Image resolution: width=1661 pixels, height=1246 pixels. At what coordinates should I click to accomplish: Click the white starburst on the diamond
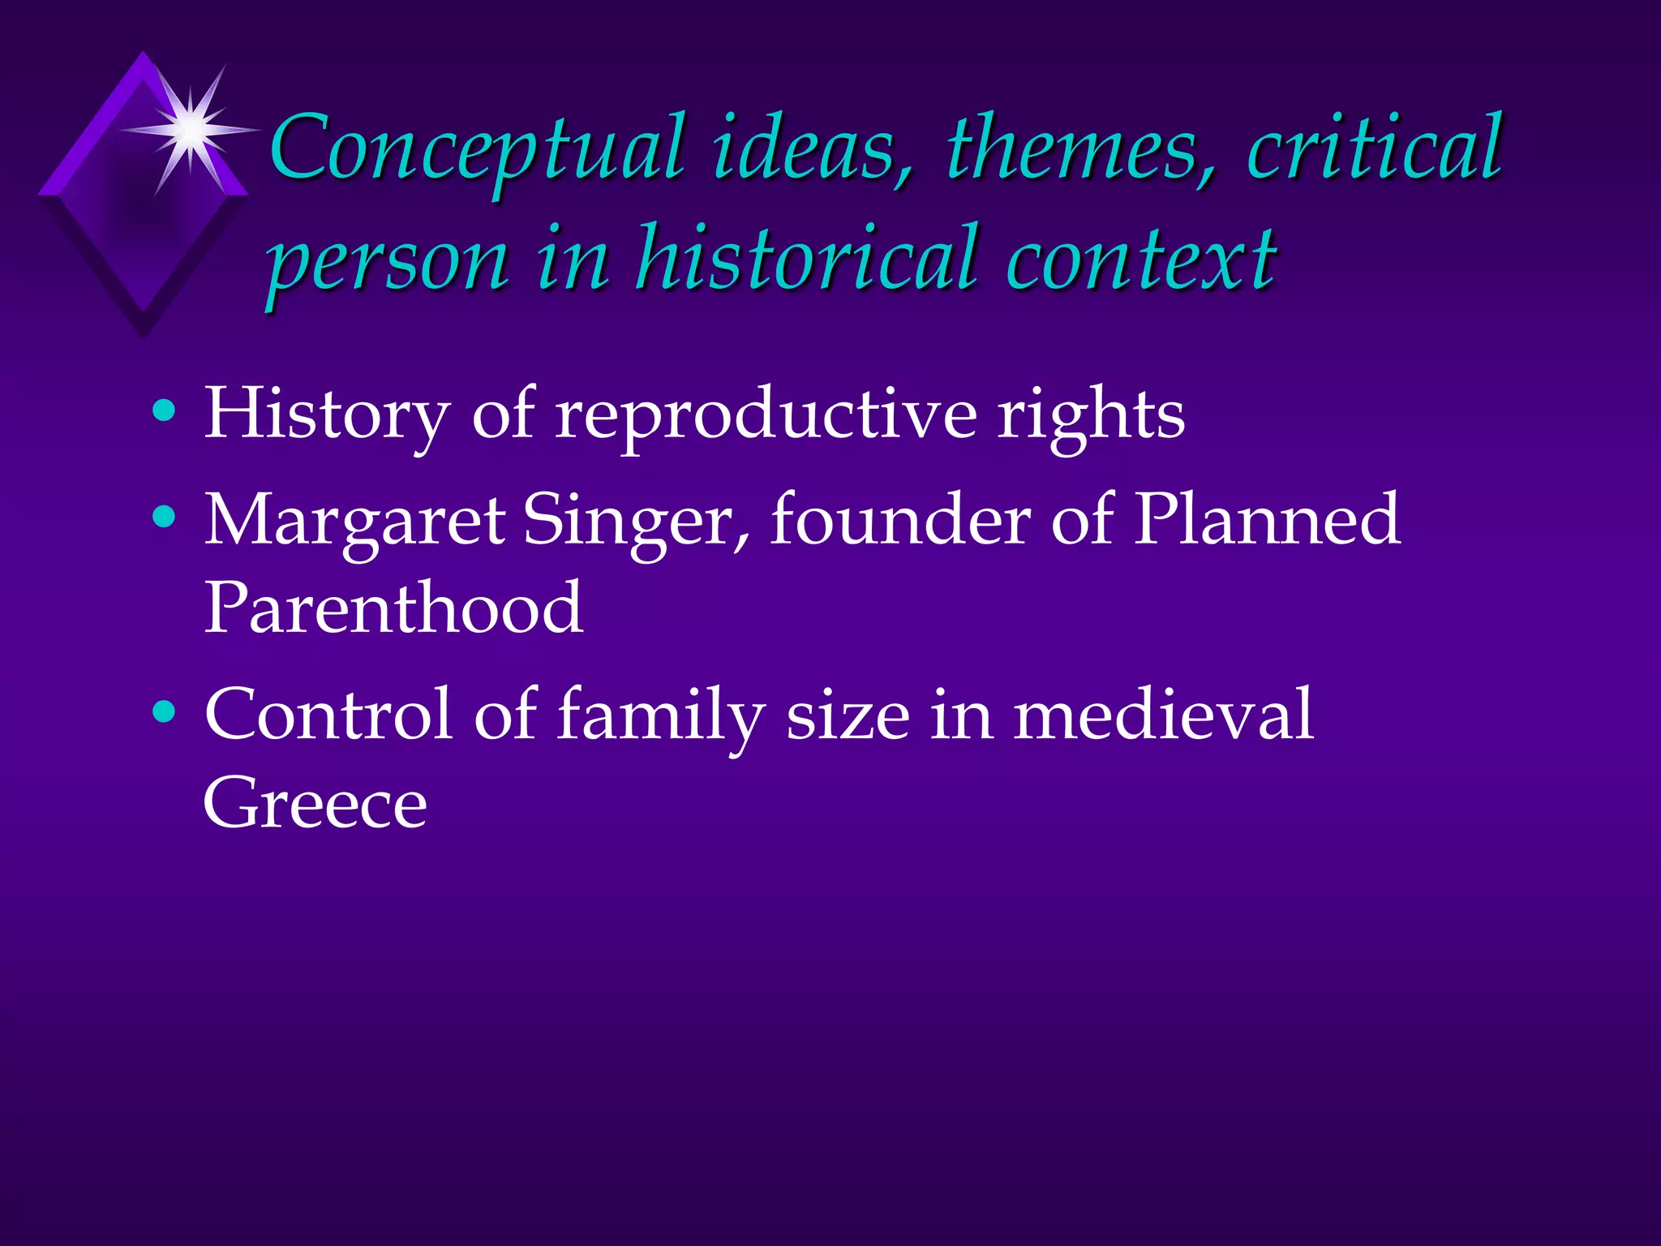click(191, 129)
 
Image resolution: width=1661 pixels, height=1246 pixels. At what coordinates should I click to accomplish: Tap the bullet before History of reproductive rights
click(164, 411)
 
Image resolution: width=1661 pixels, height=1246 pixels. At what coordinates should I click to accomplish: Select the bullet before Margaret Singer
click(164, 517)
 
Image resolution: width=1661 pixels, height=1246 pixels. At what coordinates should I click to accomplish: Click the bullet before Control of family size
click(164, 711)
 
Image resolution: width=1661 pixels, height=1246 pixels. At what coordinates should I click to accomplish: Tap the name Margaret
click(355, 521)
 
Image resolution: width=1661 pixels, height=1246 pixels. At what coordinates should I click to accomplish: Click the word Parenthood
click(393, 608)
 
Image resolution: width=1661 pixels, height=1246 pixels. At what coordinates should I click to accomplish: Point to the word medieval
click(1163, 714)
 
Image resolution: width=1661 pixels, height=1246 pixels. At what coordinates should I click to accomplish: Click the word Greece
click(315, 803)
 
